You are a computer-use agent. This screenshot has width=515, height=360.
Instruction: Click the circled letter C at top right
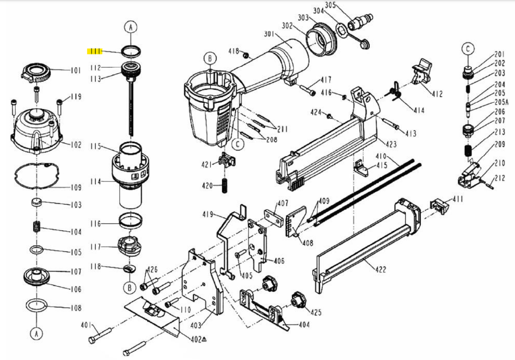[x=468, y=49]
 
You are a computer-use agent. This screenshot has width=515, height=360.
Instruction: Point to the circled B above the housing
[x=210, y=59]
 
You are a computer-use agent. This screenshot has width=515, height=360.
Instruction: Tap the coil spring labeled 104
[x=36, y=226]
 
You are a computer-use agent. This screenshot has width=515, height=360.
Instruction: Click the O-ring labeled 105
[x=36, y=250]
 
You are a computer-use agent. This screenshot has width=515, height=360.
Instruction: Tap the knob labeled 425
[x=298, y=298]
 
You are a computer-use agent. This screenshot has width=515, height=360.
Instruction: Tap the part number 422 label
[x=381, y=269]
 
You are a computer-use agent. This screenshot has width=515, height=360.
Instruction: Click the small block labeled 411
[x=439, y=204]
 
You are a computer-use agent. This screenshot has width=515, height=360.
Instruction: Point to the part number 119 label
[x=76, y=97]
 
